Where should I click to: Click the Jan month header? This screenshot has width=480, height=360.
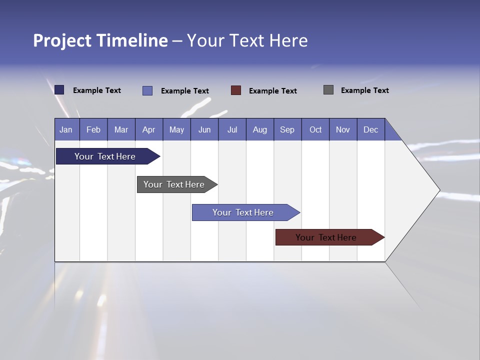pos(66,129)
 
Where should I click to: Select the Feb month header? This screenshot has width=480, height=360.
pos(93,129)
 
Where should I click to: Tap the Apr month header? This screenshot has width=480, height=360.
pos(149,129)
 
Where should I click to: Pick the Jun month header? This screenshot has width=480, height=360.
pos(204,129)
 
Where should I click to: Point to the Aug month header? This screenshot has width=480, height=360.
pos(260,129)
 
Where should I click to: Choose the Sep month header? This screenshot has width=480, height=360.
pos(287,129)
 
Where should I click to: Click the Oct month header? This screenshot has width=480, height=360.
pos(315,129)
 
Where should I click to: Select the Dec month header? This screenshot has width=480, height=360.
pos(371,129)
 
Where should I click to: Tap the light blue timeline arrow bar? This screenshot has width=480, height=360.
pos(243,212)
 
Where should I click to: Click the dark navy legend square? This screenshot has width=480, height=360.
pos(59,90)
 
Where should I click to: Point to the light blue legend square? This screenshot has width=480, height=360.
pos(147,90)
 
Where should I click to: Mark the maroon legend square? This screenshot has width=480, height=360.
pos(236,90)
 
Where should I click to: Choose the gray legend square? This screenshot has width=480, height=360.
pos(328,90)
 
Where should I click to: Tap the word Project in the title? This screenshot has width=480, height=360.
pos(62,40)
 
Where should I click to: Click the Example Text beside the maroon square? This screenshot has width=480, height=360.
pos(273,90)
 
